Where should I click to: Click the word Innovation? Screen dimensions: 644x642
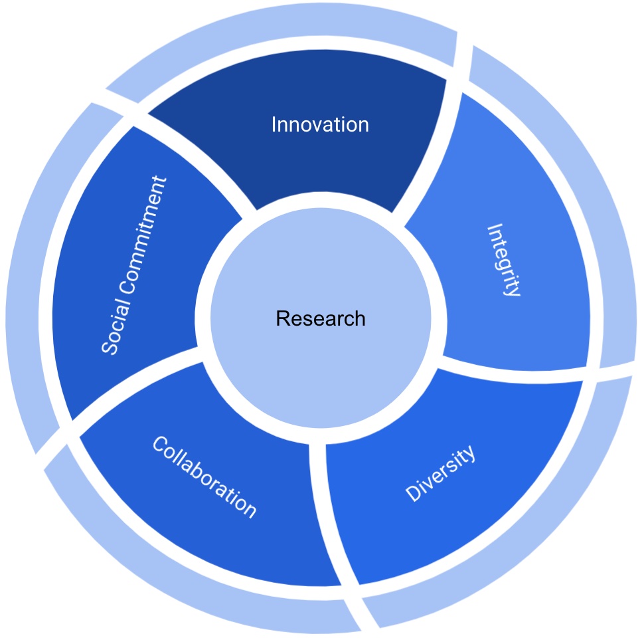click(320, 124)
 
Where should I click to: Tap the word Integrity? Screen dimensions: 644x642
click(503, 260)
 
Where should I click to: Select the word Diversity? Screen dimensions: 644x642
click(440, 473)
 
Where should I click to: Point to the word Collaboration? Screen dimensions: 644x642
click(204, 477)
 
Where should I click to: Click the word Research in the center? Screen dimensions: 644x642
click(321, 318)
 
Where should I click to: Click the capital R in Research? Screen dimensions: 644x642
click(283, 318)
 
